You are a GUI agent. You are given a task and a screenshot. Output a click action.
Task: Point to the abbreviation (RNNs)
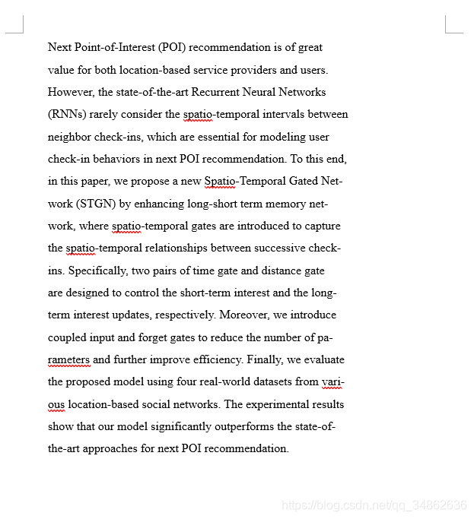pyautogui.click(x=67, y=115)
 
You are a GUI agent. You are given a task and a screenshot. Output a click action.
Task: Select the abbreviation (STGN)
pyautogui.click(x=97, y=204)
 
